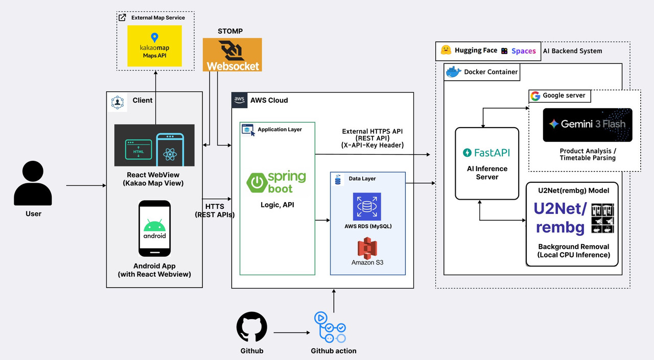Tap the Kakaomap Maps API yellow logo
point(155,45)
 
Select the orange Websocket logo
point(232,55)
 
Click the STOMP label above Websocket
point(230,31)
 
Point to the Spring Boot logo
point(276,183)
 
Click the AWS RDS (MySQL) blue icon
point(367,207)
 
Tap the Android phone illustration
point(154,228)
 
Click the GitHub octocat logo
point(251,327)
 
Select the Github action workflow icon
point(330,327)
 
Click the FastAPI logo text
point(486,153)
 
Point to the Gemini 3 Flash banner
point(587,125)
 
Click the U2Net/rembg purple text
point(560,218)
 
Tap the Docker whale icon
point(453,72)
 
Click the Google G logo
point(535,96)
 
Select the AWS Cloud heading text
point(269,100)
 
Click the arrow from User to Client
point(86,186)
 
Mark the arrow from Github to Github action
point(292,333)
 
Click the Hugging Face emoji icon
point(446,51)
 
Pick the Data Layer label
point(362,179)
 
